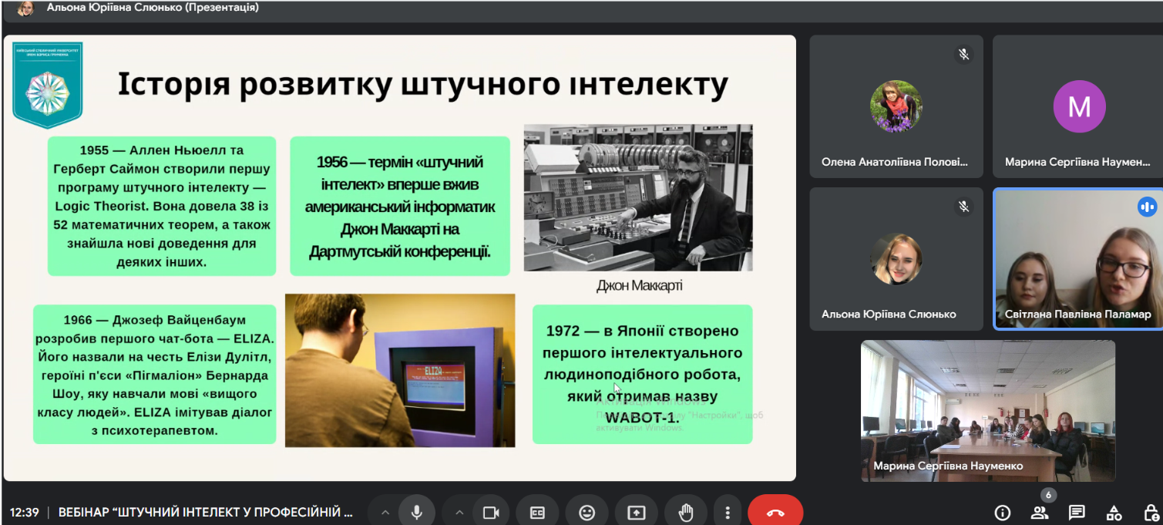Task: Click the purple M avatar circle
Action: (x=1079, y=106)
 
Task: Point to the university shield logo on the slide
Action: (x=47, y=85)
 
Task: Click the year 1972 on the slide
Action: (x=563, y=331)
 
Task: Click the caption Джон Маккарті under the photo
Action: (x=639, y=286)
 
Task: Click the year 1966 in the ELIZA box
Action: (x=78, y=319)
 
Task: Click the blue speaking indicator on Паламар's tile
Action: (x=1147, y=207)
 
